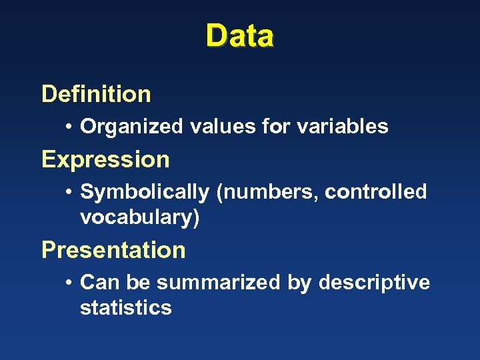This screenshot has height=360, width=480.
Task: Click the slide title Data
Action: (239, 36)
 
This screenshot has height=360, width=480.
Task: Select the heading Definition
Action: (96, 94)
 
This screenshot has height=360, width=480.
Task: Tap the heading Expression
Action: (105, 159)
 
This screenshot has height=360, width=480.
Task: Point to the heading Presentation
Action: (113, 250)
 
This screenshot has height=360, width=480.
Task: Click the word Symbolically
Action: (145, 193)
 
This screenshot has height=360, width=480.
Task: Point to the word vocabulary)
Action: (139, 217)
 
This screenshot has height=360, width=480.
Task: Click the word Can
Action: (99, 283)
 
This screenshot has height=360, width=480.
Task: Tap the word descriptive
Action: (374, 283)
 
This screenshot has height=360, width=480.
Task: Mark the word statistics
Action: (125, 307)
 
